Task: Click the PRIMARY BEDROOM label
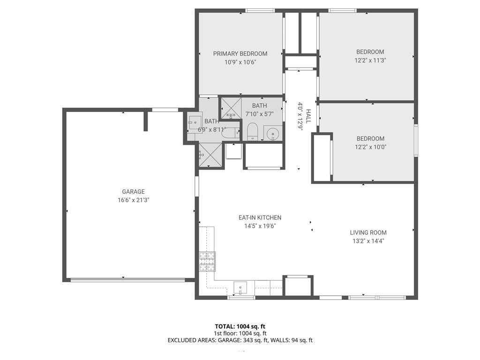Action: pyautogui.click(x=240, y=54)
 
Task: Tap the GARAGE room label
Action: pyautogui.click(x=133, y=192)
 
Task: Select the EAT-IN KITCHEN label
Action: pyautogui.click(x=260, y=217)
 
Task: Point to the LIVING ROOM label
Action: pyautogui.click(x=368, y=232)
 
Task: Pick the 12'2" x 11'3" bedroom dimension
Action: pyautogui.click(x=370, y=60)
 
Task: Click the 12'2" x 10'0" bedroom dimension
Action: pyautogui.click(x=370, y=147)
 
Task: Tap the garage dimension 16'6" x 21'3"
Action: pyautogui.click(x=133, y=200)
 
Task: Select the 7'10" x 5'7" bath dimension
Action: pyautogui.click(x=259, y=114)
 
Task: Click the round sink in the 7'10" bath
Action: pyautogui.click(x=273, y=134)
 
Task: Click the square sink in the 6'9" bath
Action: pyautogui.click(x=195, y=122)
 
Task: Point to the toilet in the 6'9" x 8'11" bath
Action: pyautogui.click(x=230, y=133)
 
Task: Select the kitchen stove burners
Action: pyautogui.click(x=207, y=261)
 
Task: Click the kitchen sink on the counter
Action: pyautogui.click(x=240, y=288)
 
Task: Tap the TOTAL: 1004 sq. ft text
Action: pyautogui.click(x=240, y=326)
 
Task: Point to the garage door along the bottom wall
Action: pyautogui.click(x=127, y=279)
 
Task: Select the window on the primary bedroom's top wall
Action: pyautogui.click(x=260, y=11)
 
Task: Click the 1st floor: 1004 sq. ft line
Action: pyautogui.click(x=240, y=333)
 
